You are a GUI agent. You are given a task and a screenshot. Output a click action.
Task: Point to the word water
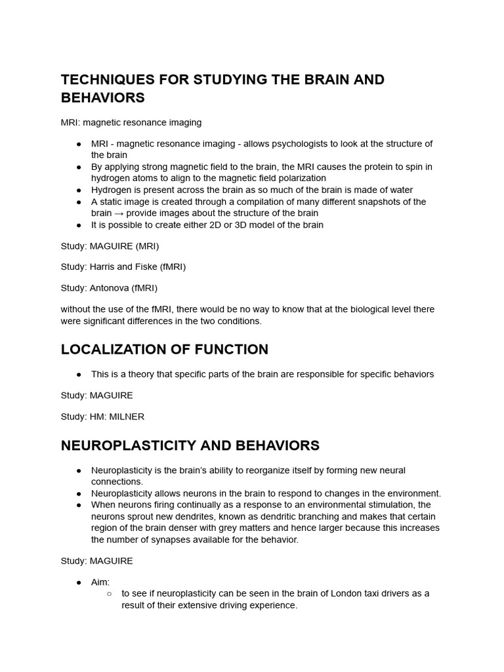tap(399, 190)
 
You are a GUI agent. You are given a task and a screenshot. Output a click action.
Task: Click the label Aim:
tap(100, 582)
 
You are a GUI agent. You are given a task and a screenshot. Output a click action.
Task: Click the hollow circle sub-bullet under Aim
tap(109, 593)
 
